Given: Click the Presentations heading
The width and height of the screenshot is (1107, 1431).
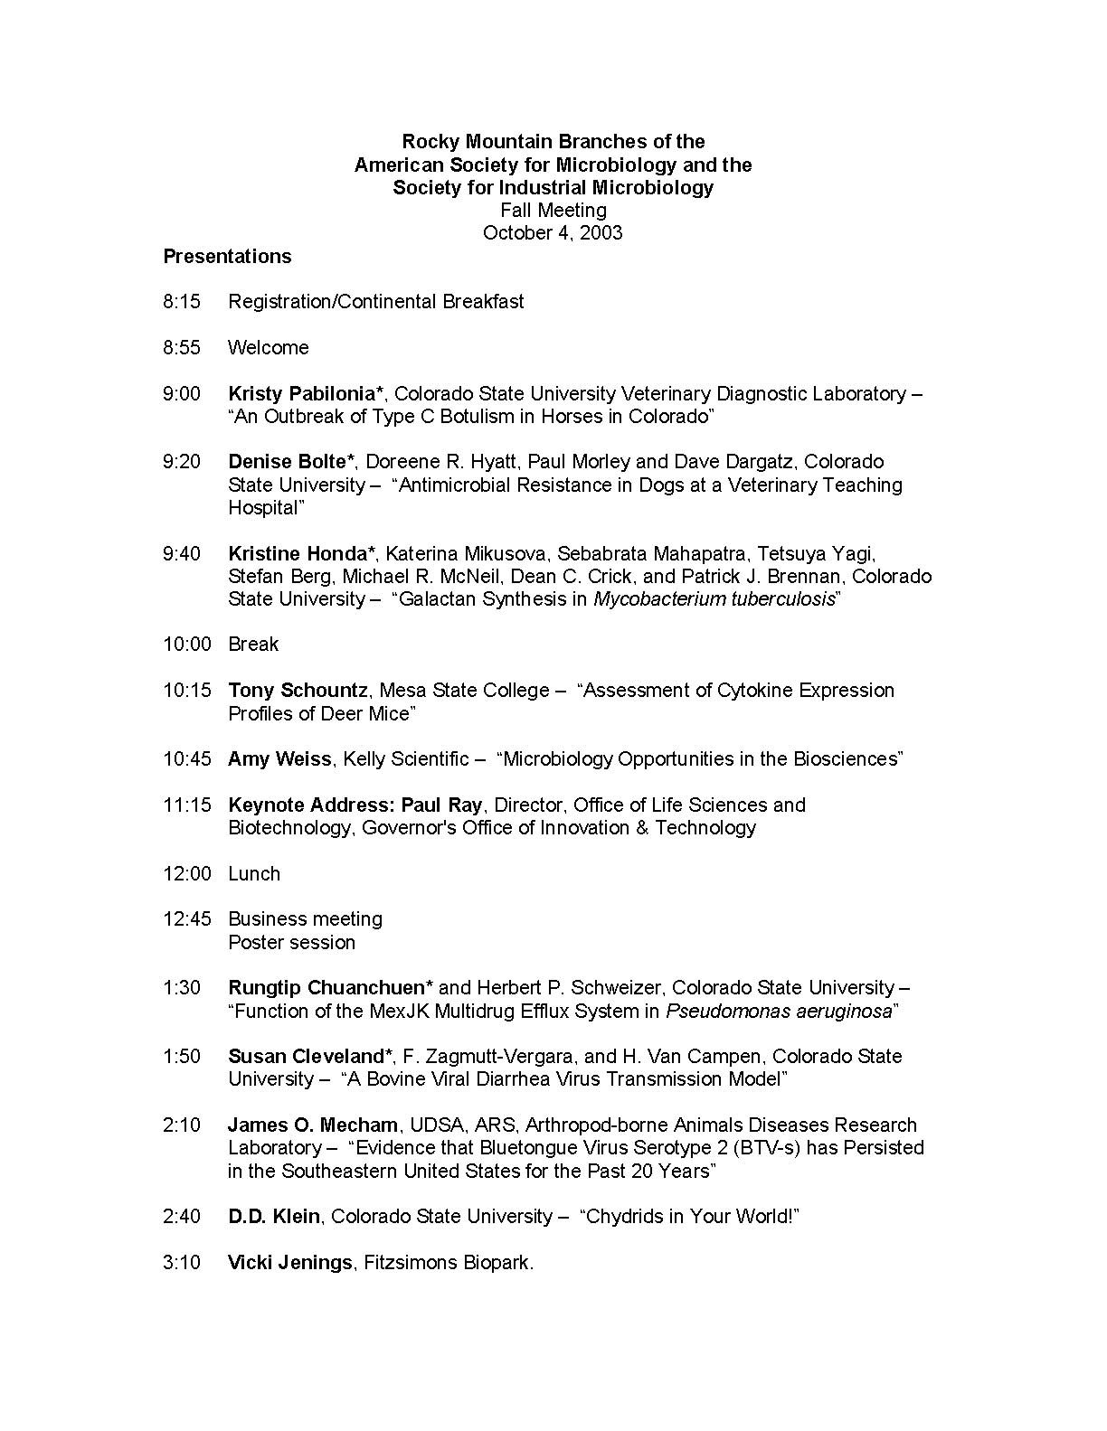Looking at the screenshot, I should (x=227, y=257).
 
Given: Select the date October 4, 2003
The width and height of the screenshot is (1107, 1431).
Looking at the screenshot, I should (x=553, y=233).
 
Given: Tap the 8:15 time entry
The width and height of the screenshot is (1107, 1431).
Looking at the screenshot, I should (x=182, y=302).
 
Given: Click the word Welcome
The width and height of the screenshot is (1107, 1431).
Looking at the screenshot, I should (x=268, y=348).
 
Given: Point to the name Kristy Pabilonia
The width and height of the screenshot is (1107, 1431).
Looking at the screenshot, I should (x=301, y=394).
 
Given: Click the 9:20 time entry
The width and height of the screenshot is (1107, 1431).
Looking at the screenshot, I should (x=182, y=462).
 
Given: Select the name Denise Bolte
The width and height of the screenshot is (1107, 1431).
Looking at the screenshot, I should (x=287, y=462).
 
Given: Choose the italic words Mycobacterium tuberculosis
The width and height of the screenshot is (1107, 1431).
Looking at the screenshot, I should (x=714, y=599).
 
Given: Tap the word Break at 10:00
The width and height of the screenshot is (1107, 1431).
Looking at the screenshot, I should (x=253, y=645).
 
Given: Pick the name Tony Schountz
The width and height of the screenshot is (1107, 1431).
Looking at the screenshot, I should (x=298, y=691).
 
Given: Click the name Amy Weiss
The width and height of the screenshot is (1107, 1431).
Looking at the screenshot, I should (x=279, y=759).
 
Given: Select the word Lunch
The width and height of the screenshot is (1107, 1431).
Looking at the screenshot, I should (x=254, y=874).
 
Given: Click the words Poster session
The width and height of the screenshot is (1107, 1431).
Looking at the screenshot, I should (x=291, y=943).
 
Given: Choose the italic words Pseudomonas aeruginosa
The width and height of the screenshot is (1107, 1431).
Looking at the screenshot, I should (x=779, y=1012).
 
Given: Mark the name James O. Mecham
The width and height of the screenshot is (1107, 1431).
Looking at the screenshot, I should (x=312, y=1125).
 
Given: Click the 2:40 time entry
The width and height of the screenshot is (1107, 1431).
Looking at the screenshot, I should (x=182, y=1217).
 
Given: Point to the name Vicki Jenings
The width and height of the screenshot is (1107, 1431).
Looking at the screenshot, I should (x=289, y=1263).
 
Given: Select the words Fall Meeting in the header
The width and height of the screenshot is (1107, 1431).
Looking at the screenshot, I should (x=553, y=211).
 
